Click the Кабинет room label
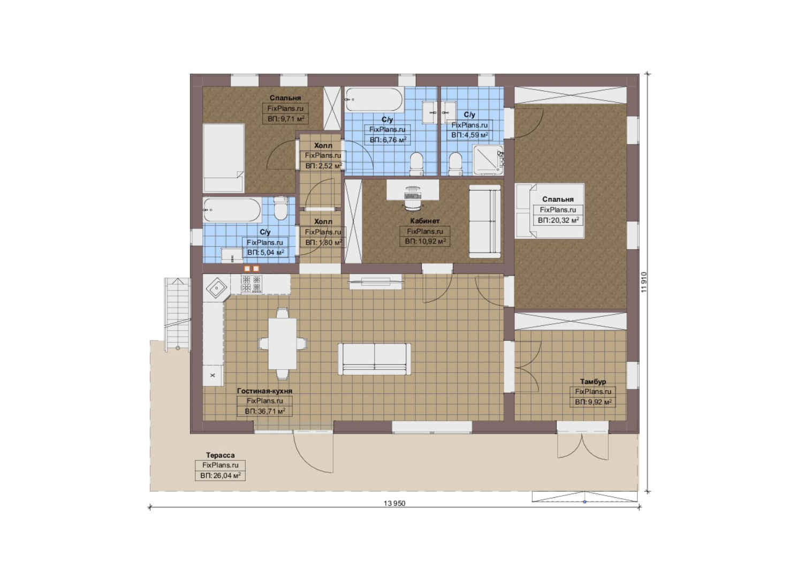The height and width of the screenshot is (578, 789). click(425, 221)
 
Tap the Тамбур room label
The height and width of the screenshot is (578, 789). click(593, 382)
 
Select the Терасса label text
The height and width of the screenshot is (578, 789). click(220, 455)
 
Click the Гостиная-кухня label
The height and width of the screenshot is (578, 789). click(264, 391)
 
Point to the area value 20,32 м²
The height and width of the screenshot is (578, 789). click(563, 220)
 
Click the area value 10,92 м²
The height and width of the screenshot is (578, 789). click(430, 241)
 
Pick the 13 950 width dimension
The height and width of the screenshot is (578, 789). click(394, 503)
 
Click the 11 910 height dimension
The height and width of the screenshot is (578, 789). click(644, 282)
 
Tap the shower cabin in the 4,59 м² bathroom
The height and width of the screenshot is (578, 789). click(488, 160)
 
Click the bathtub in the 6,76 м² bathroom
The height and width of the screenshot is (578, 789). click(374, 100)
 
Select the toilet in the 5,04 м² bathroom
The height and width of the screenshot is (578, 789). click(280, 209)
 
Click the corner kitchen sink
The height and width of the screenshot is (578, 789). click(217, 288)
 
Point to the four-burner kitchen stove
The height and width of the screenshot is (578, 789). click(251, 284)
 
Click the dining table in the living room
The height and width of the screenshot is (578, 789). click(282, 344)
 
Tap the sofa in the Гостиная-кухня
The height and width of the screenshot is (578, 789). click(374, 359)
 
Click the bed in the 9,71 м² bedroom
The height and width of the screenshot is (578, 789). click(224, 158)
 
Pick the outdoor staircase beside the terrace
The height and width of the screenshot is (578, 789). click(177, 314)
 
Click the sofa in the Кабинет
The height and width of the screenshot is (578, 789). click(484, 221)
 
